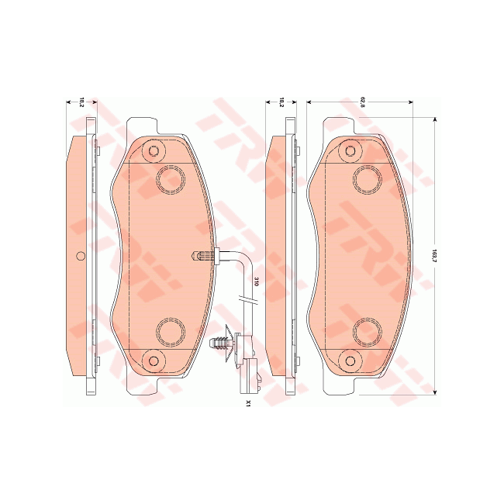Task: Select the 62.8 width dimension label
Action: coord(361,102)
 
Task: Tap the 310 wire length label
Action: coord(256,283)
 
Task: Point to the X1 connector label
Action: coord(248,403)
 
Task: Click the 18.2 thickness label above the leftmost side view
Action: coord(81,102)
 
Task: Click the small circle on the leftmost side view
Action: coord(81,257)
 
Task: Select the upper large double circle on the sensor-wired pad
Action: coord(169,179)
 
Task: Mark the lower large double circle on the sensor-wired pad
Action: coord(169,332)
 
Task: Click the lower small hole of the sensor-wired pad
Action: coord(154,361)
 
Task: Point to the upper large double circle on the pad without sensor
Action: coord(367,179)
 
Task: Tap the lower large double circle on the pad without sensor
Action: coord(367,332)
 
